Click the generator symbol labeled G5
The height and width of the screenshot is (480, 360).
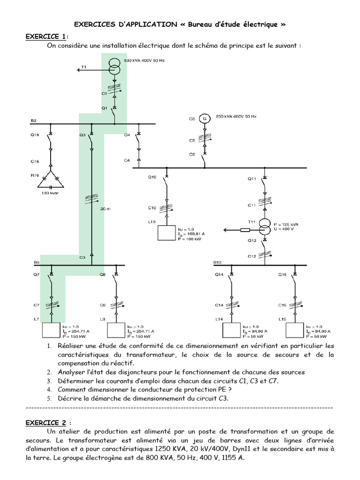point(204,119)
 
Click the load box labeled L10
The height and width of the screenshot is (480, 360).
point(166,233)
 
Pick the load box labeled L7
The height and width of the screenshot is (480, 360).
point(52,330)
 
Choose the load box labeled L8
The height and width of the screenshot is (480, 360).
point(116,330)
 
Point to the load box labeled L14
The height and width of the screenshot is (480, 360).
point(231,330)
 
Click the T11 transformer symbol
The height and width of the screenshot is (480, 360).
point(264,229)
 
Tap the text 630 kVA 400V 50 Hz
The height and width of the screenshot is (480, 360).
point(145,61)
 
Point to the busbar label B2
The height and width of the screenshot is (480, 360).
point(34,120)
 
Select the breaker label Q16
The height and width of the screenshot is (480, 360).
point(34,135)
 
